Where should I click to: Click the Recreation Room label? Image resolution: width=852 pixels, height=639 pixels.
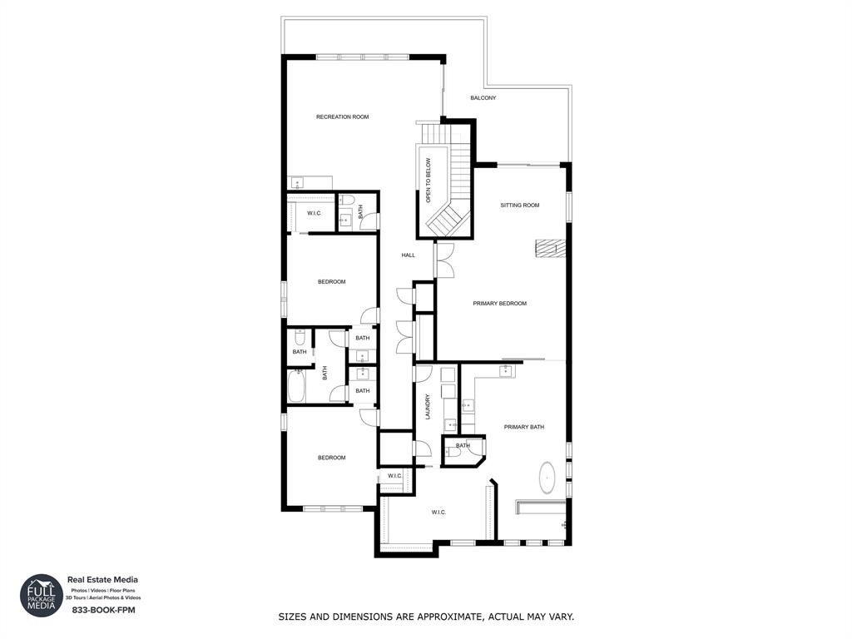(342, 117)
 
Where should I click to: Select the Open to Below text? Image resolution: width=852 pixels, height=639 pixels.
(428, 181)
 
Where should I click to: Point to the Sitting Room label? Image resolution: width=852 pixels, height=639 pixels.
(519, 205)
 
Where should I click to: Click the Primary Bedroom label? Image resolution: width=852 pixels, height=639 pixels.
(499, 304)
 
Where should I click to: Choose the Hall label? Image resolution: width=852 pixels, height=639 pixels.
(408, 255)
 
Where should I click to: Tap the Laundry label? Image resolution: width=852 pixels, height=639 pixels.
(428, 406)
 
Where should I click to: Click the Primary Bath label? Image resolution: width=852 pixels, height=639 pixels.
(523, 427)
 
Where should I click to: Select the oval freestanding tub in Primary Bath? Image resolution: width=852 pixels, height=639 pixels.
(547, 478)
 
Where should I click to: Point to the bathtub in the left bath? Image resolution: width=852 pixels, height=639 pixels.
(296, 386)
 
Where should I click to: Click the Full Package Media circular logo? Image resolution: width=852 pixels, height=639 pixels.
(42, 596)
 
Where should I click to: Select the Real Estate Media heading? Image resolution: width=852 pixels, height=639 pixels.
(102, 580)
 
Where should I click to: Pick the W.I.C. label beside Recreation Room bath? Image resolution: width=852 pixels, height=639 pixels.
(315, 213)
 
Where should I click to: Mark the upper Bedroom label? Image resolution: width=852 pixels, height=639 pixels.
(331, 282)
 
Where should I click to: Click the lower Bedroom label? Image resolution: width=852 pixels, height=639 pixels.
(331, 458)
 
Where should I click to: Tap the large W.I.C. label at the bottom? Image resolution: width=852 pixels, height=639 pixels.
(438, 513)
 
